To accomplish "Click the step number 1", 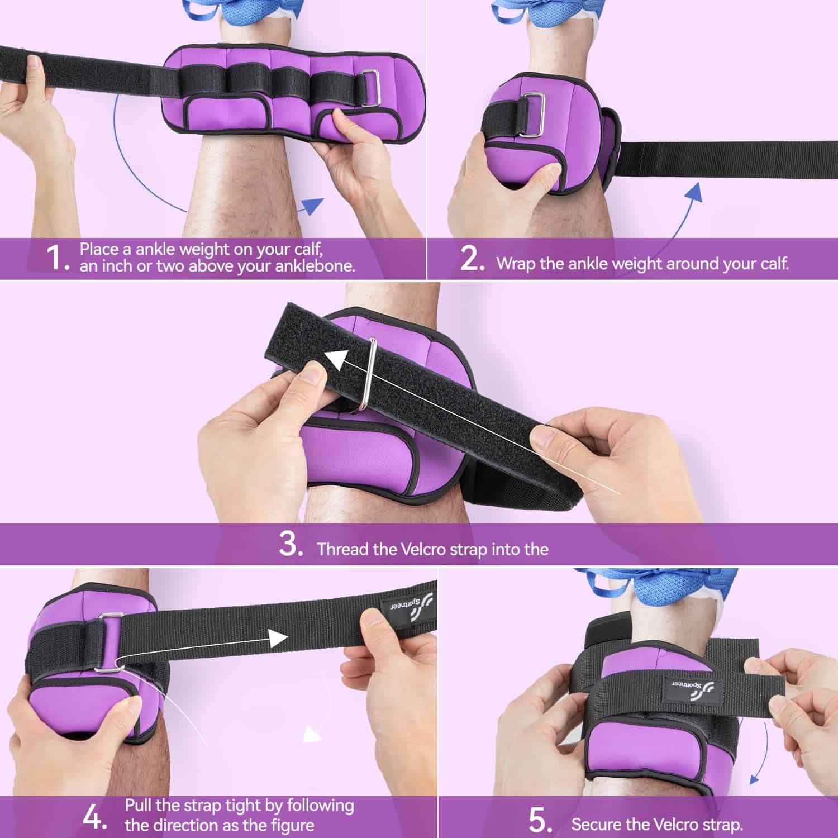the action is point(58,258).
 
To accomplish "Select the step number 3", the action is point(291,544).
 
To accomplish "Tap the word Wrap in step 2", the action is point(516,264).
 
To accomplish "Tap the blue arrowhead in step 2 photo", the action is point(693,191).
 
